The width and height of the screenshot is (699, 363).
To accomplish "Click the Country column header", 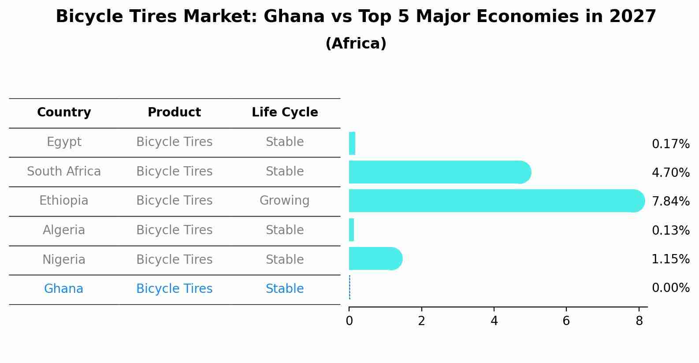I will [x=64, y=112].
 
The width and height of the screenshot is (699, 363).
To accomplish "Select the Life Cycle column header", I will [x=285, y=112].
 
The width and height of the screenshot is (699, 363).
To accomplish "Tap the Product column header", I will [x=174, y=112].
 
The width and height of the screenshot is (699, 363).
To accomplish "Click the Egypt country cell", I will [x=64, y=142].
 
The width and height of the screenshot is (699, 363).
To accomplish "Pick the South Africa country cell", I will [x=64, y=172].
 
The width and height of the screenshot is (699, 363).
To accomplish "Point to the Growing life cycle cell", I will [x=284, y=201].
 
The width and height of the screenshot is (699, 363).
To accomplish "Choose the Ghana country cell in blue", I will [x=63, y=289].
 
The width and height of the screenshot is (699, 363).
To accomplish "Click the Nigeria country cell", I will [x=64, y=260].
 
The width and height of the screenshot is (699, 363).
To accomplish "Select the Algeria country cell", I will [x=64, y=230].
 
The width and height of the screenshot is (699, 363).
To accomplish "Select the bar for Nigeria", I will [x=375, y=258].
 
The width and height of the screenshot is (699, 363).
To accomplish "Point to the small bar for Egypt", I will [x=352, y=143].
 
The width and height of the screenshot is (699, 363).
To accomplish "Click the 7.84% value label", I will [x=670, y=202].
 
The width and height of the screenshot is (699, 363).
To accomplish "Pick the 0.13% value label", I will [x=670, y=231].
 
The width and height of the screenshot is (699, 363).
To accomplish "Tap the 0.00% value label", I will [x=670, y=288].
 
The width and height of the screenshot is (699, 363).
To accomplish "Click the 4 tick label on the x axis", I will [x=494, y=321].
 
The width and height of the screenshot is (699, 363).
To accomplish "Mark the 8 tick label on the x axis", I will [x=639, y=321].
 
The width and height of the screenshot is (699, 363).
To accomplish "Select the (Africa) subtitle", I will [x=356, y=44].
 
